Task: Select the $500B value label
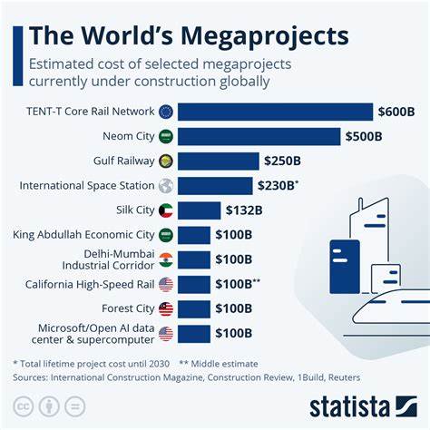[368, 136]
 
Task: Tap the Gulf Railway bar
[218, 161]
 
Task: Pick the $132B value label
[244, 210]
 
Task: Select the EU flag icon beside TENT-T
[165, 112]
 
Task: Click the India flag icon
[165, 259]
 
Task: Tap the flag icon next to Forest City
[165, 308]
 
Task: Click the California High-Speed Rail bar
[193, 284]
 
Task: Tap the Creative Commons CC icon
[24, 406]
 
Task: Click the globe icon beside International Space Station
[165, 185]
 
